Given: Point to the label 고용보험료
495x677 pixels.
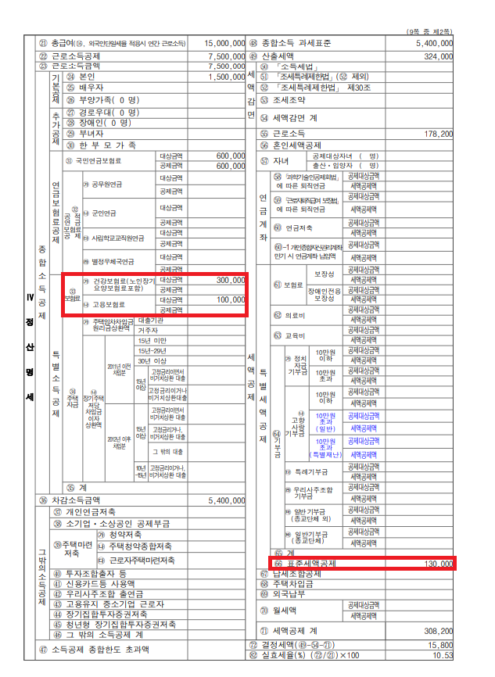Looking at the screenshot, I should point(110,304).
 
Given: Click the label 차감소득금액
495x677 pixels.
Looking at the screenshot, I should point(81,500).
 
